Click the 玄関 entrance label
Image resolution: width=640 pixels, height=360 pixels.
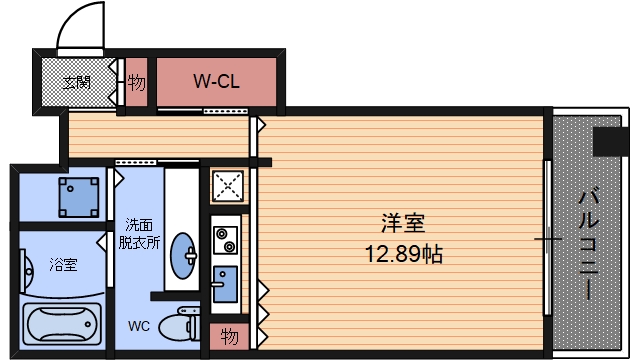tap(77, 82)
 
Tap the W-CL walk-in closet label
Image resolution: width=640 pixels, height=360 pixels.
tap(215, 81)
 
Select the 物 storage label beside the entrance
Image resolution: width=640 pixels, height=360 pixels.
tap(137, 82)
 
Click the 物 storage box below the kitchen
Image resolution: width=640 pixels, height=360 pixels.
tap(229, 334)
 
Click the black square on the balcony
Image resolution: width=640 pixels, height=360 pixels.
tap(609, 142)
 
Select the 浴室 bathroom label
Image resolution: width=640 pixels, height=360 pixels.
tap(64, 266)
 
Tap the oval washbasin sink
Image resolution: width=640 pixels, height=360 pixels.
tap(184, 256)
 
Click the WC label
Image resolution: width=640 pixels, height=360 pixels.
tap(139, 326)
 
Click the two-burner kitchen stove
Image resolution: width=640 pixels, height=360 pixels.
tap(224, 240)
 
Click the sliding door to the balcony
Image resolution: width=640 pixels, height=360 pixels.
tap(548, 240)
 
